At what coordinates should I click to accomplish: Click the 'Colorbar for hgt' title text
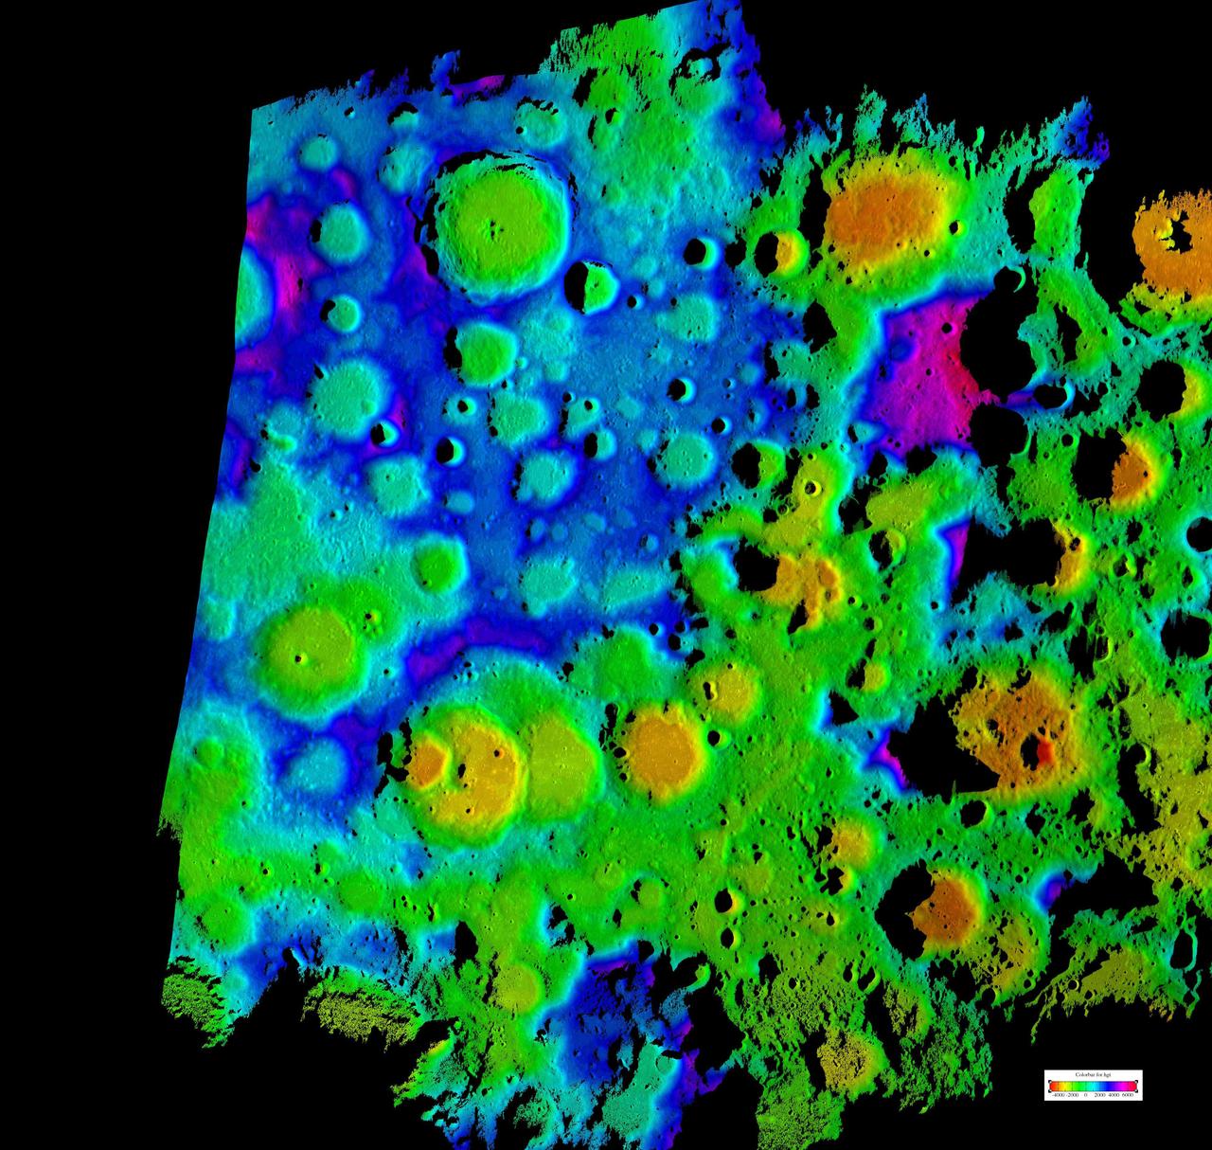pos(1094,1074)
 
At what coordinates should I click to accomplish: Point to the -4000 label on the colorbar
pos(1058,1095)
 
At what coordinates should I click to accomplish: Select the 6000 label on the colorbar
pos(1128,1095)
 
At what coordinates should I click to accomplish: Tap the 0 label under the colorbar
pos(1086,1095)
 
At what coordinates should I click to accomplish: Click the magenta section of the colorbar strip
pos(1123,1087)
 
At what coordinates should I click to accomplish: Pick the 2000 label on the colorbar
pos(1100,1095)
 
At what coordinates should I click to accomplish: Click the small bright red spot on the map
pos(1044,752)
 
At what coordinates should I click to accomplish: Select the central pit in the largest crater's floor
pos(492,226)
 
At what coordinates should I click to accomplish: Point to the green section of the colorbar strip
pos(1077,1087)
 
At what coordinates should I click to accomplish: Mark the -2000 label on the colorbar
pos(1074,1095)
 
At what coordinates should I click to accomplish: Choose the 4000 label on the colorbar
pos(1114,1095)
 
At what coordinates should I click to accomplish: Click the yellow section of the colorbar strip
pos(1064,1087)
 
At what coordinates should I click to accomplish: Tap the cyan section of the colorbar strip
pos(1095,1087)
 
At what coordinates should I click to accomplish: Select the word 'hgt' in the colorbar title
pos(1107,1074)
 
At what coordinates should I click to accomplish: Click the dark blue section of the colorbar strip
pos(1109,1087)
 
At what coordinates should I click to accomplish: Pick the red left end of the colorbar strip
pos(1052,1087)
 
